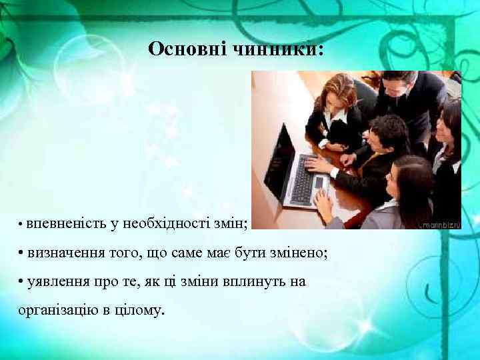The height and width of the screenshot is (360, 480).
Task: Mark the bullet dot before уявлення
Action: tap(22, 282)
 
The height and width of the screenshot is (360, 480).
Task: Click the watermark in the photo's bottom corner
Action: tap(440, 225)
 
